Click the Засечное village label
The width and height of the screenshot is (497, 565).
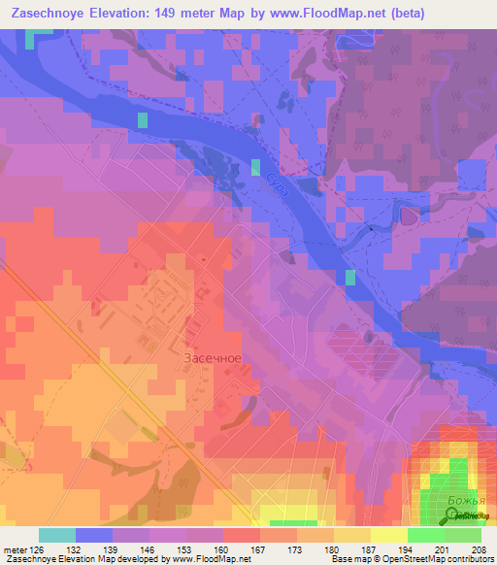(x=212, y=357)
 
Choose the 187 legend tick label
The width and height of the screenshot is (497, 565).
(x=369, y=549)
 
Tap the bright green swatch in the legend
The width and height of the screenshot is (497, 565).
(x=426, y=535)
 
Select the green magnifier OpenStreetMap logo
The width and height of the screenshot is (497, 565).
(x=452, y=517)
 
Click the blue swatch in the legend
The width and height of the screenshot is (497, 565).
(x=94, y=535)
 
